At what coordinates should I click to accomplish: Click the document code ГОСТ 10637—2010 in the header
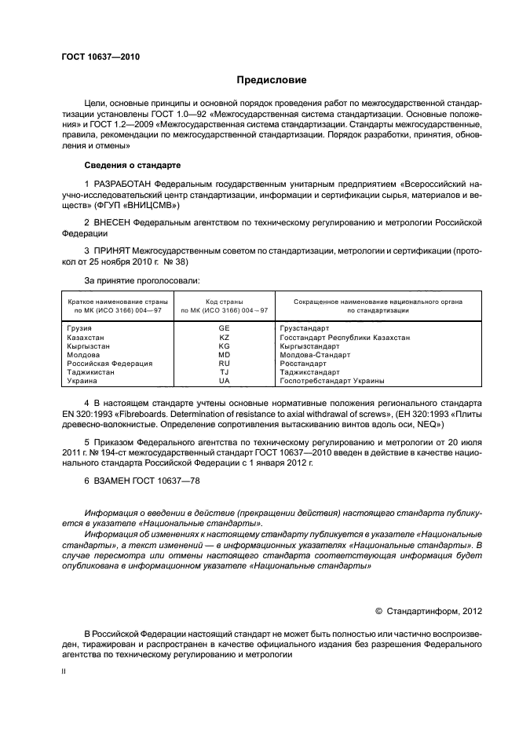101,57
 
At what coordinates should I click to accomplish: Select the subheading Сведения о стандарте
132,166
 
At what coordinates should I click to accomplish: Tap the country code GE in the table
224,328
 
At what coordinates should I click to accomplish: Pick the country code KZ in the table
224,337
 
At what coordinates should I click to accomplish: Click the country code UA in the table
224,381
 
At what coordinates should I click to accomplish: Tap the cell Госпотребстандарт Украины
332,381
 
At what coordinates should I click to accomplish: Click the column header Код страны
224,302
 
